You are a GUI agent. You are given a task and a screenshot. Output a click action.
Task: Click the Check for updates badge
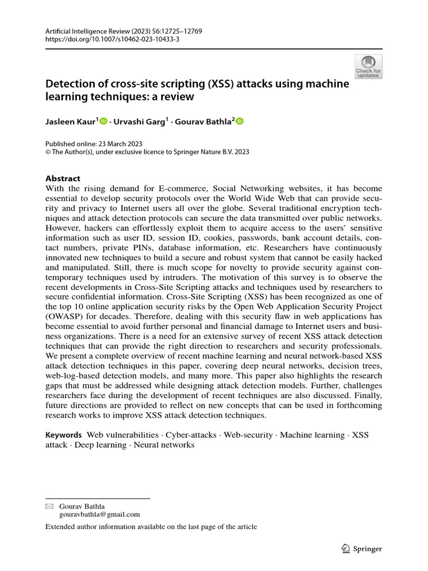(x=368, y=67)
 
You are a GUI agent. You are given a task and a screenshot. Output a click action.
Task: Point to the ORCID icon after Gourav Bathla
(x=240, y=120)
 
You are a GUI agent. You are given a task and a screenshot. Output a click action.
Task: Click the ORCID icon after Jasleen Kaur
(x=104, y=120)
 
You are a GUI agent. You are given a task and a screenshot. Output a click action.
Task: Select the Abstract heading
(x=62, y=178)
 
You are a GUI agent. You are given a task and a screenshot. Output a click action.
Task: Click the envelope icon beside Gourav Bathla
(x=50, y=506)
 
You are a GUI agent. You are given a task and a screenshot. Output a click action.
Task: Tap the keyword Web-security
(x=248, y=434)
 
